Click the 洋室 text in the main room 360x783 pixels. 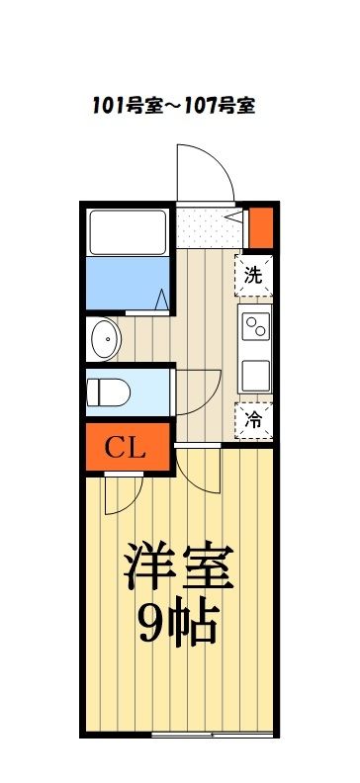click(179, 565)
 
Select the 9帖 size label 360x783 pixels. click(179, 622)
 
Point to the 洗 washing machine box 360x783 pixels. click(254, 275)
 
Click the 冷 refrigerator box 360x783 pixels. click(254, 419)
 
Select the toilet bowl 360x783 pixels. click(107, 392)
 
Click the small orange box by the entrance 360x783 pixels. click(260, 226)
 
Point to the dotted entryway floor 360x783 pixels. click(210, 225)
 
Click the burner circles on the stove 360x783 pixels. click(255, 324)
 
